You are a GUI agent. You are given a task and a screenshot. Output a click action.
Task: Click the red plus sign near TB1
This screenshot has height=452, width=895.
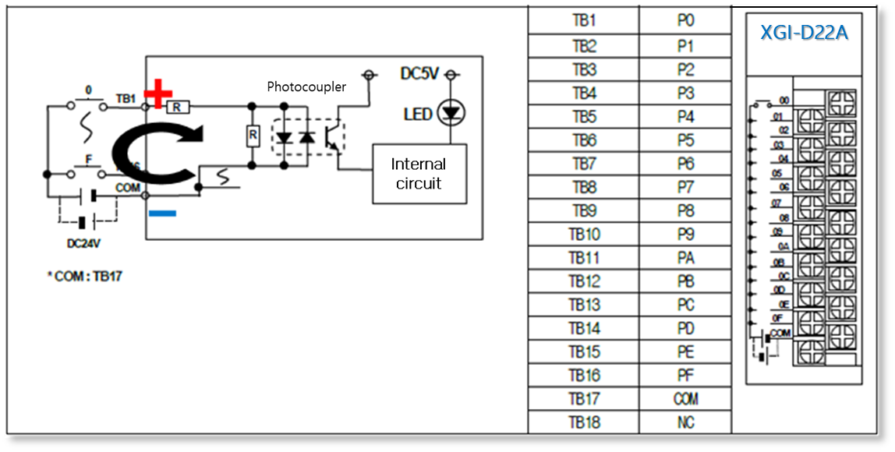click(x=158, y=94)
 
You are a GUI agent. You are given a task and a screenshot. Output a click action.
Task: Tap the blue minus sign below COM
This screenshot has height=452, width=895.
click(x=161, y=213)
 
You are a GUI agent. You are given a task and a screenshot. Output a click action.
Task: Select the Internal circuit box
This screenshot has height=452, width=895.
click(x=419, y=174)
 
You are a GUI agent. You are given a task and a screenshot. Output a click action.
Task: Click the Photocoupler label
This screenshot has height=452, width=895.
click(x=306, y=87)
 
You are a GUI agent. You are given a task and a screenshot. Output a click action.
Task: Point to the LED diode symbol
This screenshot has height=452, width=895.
click(x=450, y=114)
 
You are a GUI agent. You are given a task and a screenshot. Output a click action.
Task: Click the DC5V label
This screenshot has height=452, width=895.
click(x=419, y=73)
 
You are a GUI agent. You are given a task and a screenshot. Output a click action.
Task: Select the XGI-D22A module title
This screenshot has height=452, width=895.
click(x=805, y=34)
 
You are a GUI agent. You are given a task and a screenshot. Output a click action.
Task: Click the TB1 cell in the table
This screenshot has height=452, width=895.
click(x=583, y=21)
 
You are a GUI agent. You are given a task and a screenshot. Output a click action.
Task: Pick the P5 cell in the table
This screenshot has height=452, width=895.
click(x=685, y=140)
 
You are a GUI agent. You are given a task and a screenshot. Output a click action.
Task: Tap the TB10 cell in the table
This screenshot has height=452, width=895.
click(x=583, y=235)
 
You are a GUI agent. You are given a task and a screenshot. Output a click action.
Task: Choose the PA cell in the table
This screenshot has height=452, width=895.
click(x=685, y=258)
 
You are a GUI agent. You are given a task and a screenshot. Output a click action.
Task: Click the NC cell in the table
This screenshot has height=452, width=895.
click(x=685, y=422)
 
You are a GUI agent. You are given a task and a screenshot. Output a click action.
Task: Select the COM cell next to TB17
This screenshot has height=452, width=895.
click(x=685, y=399)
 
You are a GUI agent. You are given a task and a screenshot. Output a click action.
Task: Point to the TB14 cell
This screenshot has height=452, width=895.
click(x=583, y=328)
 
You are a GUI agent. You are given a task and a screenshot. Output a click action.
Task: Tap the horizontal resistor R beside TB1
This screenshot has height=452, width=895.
click(x=177, y=107)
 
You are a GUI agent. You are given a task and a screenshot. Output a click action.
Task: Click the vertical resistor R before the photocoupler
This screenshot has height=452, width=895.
click(x=253, y=136)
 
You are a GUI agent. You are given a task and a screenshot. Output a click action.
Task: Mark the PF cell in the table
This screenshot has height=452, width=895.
click(x=685, y=376)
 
